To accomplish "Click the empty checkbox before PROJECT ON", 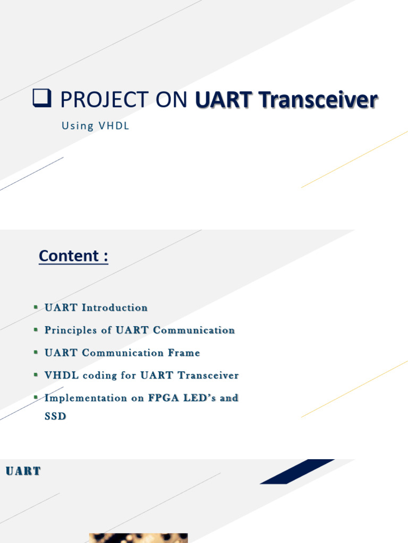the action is pyautogui.click(x=42, y=98).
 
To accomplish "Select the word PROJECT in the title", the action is pyautogui.click(x=105, y=100).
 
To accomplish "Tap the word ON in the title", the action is pyautogui.click(x=172, y=100).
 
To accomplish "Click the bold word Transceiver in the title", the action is pyautogui.click(x=318, y=100).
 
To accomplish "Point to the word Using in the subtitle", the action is pyautogui.click(x=78, y=126).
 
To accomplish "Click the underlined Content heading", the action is pyautogui.click(x=73, y=256).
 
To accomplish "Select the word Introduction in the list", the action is pyautogui.click(x=115, y=308).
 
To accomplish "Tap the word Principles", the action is pyautogui.click(x=71, y=330).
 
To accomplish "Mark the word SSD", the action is pyautogui.click(x=55, y=416).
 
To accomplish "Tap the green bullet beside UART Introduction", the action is pyautogui.click(x=36, y=307).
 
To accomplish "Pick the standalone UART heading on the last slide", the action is pyautogui.click(x=23, y=471).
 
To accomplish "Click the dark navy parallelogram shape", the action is pyautogui.click(x=297, y=471).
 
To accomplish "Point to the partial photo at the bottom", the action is pyautogui.click(x=139, y=538).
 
